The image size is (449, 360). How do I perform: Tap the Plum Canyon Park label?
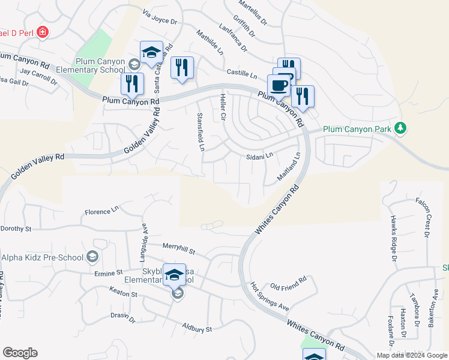(357, 129)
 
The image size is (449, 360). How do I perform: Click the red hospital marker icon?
(42, 32)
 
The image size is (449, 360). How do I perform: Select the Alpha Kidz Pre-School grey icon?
(92, 257)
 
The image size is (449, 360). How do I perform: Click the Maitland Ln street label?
(288, 169)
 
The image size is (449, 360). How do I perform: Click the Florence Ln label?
(101, 212)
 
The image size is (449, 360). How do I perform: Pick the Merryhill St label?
(181, 247)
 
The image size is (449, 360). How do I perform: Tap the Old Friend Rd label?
(289, 279)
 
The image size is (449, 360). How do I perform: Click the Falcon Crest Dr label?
(427, 217)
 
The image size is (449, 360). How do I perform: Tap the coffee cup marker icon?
(280, 85)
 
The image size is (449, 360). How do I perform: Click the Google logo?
(20, 353)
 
